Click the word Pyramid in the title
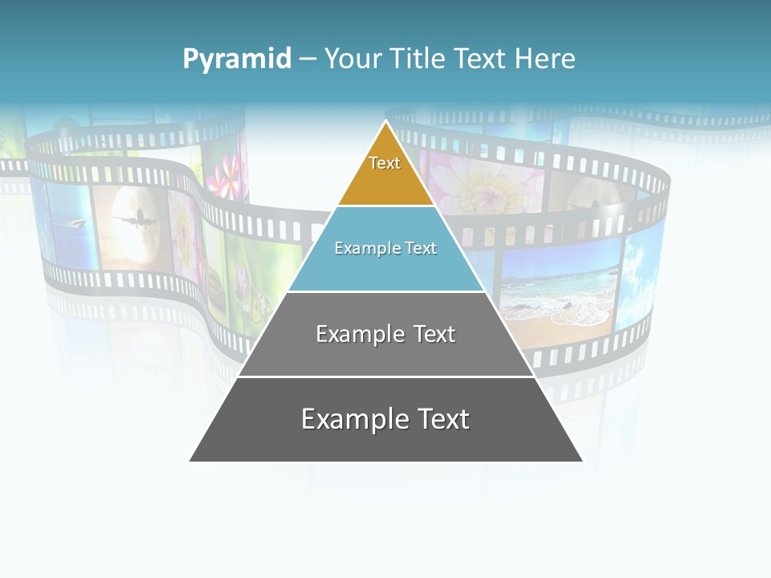[237, 59]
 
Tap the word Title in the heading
[418, 59]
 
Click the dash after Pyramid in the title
[308, 59]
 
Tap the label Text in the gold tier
[385, 163]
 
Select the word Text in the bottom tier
[440, 419]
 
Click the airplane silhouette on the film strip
[134, 218]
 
